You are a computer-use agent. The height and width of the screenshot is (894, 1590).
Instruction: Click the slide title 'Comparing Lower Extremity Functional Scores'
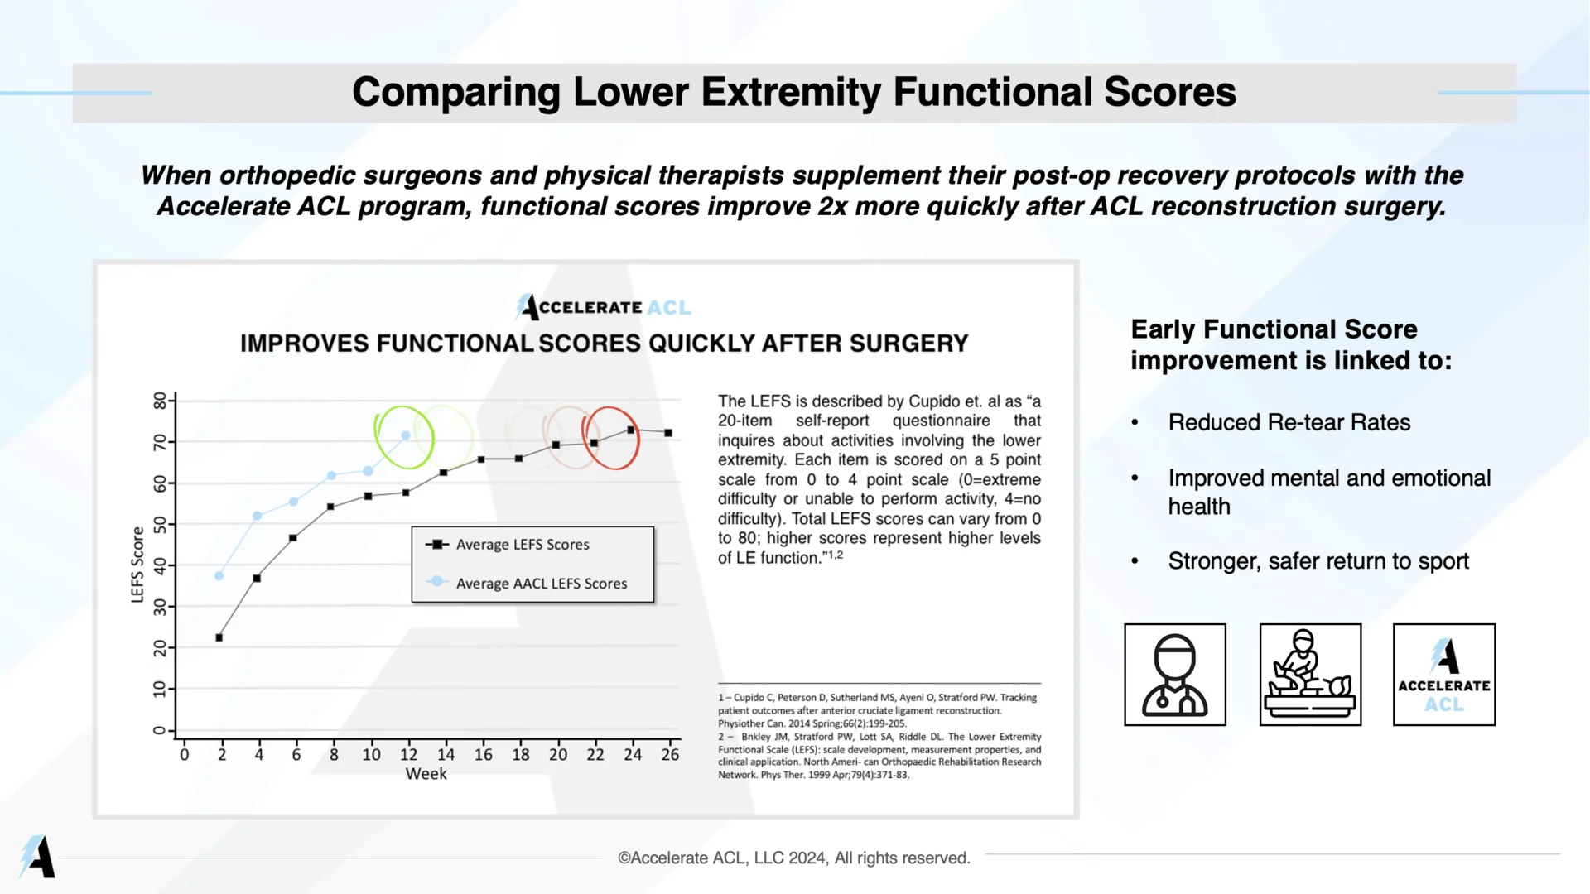tap(793, 92)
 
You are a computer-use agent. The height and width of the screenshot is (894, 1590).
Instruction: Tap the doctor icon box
tap(1174, 675)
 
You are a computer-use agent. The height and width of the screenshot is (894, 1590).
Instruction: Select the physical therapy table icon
tap(1310, 675)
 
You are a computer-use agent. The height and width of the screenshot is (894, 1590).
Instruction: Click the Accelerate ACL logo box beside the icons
tap(1443, 675)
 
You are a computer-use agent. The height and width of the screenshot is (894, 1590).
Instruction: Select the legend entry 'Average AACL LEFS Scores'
tap(541, 584)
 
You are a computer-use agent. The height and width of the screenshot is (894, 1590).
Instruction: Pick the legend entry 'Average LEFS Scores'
tap(522, 545)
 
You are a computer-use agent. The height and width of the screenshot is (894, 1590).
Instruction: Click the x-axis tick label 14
tap(446, 755)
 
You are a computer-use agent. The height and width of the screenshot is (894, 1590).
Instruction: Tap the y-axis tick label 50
tap(160, 525)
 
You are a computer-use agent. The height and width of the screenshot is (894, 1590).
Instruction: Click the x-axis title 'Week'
tap(426, 774)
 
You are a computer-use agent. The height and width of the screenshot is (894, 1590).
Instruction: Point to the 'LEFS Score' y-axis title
tap(137, 565)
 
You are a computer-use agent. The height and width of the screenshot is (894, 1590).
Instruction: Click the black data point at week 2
tap(219, 637)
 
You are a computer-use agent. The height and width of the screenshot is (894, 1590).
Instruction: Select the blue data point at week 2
tap(219, 576)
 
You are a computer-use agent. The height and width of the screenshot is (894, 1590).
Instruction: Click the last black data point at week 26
tap(668, 433)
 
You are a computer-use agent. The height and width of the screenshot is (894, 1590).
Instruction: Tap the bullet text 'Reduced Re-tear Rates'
tap(1289, 423)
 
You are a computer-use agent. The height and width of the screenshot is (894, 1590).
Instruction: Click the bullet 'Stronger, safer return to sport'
tap(1318, 561)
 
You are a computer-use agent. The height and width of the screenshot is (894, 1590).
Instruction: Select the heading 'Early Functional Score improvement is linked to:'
tap(1290, 344)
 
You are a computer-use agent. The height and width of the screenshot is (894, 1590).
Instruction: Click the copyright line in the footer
tap(793, 858)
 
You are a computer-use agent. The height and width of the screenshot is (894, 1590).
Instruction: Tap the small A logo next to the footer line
tap(37, 856)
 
